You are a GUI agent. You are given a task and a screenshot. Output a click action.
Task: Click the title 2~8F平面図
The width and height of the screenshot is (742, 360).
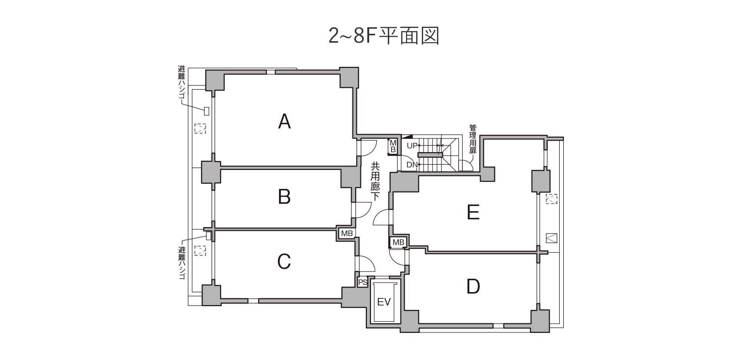click(x=384, y=36)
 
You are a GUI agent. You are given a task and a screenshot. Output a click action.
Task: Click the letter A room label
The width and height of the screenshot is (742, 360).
click(x=284, y=121)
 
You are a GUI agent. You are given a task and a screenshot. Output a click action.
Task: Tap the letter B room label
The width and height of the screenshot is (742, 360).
click(x=284, y=197)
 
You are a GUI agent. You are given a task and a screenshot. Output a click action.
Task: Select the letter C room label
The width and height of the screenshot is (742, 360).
click(x=284, y=262)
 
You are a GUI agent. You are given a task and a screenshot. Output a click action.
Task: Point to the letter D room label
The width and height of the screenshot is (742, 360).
click(x=473, y=287)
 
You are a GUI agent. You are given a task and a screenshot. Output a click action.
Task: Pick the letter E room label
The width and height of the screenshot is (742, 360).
click(x=473, y=212)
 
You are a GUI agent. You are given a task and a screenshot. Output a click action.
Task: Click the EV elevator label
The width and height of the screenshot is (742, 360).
click(x=384, y=302)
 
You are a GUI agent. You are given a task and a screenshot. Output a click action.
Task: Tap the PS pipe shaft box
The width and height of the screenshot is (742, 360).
click(x=362, y=282)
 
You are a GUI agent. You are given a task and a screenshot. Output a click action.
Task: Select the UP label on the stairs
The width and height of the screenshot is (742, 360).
click(x=412, y=146)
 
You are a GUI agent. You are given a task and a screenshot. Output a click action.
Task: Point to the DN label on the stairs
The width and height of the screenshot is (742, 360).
click(x=412, y=165)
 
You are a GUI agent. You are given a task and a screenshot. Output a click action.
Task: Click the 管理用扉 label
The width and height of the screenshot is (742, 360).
click(x=473, y=139)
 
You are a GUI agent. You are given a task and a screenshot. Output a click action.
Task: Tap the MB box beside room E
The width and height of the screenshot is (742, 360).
click(x=398, y=242)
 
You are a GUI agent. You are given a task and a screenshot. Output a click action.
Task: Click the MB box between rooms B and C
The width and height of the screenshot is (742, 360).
click(x=347, y=233)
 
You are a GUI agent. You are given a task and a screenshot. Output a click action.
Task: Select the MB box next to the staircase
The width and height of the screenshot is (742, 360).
click(x=393, y=146)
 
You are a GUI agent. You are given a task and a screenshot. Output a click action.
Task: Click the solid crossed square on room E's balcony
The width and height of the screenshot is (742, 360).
click(x=552, y=238)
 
